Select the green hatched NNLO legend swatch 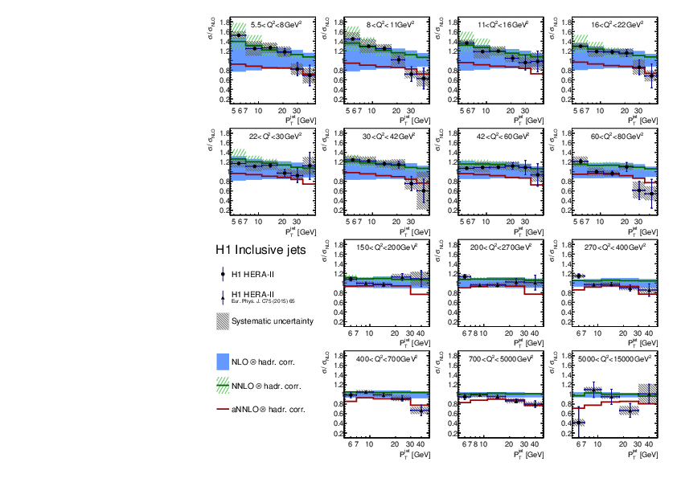click(x=224, y=386)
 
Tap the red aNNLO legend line click(x=224, y=410)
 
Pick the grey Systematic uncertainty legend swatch click(x=224, y=321)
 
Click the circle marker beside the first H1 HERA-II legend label click(x=224, y=274)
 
